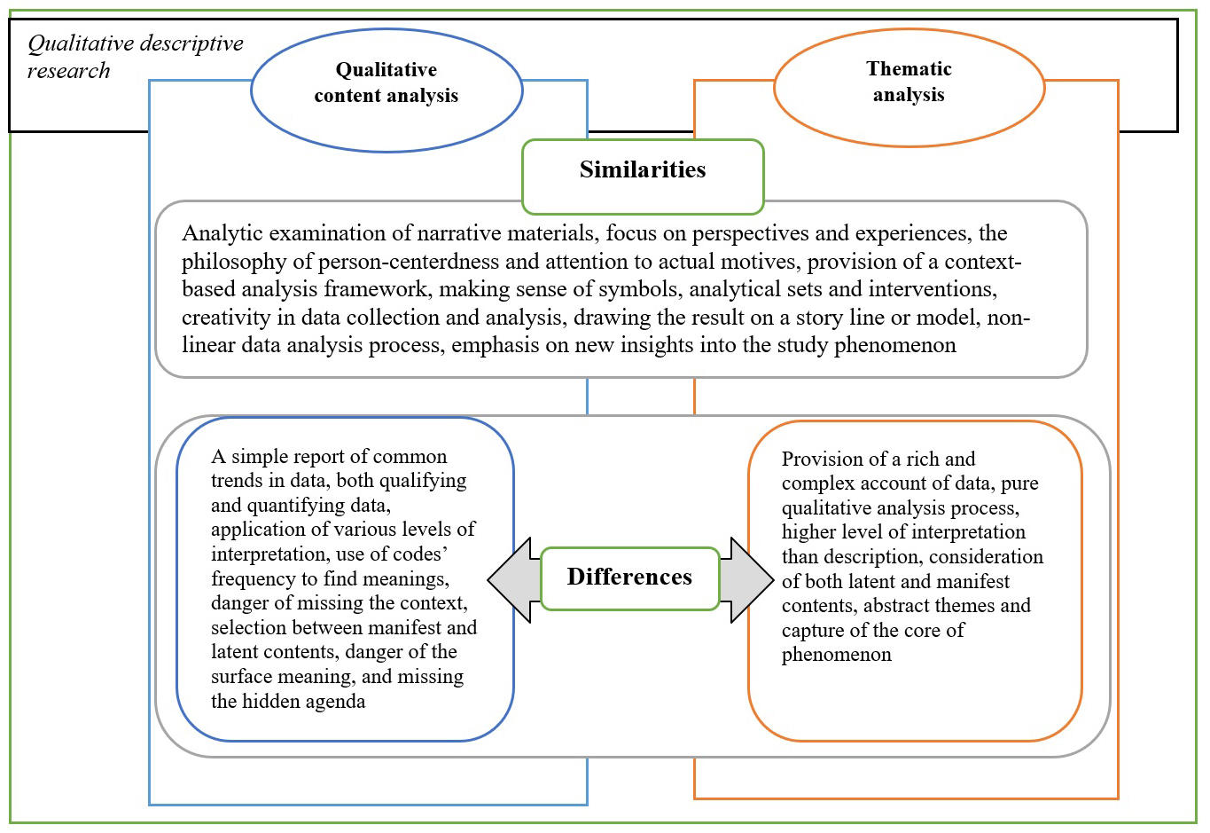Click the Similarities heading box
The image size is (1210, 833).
[x=643, y=177]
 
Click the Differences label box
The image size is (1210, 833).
[x=629, y=578]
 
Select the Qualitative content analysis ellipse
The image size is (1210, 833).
[x=386, y=89]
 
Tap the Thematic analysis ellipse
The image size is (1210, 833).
[x=909, y=87]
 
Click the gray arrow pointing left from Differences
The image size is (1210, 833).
[x=512, y=579]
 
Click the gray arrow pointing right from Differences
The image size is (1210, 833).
[x=747, y=579]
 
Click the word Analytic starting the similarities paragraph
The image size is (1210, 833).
[x=222, y=233]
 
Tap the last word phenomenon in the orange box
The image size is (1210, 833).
[x=836, y=656]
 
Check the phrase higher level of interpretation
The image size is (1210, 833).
[x=903, y=532]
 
